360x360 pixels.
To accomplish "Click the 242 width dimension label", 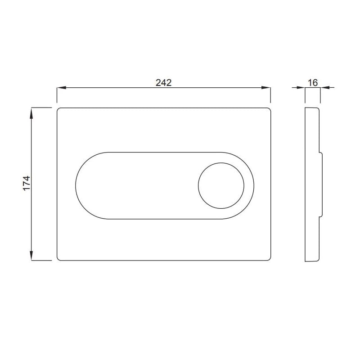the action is (x=163, y=82).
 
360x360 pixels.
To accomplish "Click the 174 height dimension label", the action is (x=27, y=183).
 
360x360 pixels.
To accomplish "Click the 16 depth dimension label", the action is (x=313, y=83).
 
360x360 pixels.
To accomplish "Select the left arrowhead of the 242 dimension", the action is (x=62, y=87).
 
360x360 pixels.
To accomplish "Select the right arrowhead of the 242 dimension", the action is (x=266, y=87).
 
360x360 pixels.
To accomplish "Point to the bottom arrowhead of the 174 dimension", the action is (x=31, y=256).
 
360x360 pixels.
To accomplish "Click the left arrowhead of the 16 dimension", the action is (x=301, y=87).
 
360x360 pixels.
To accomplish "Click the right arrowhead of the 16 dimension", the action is (x=324, y=87).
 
